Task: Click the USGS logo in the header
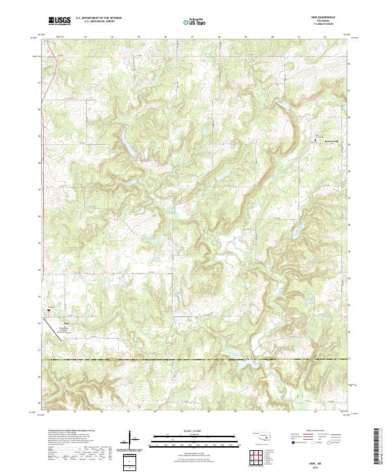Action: point(59,22)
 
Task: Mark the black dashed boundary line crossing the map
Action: point(195,359)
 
